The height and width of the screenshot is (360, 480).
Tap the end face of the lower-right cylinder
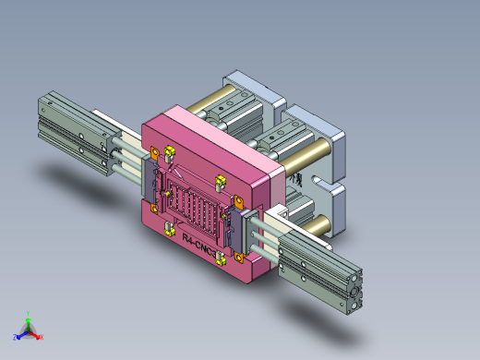pyautogui.click(x=355, y=294)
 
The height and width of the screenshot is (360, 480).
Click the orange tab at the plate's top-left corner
pyautogui.click(x=155, y=153)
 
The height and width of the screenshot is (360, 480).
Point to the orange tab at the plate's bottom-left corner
pyautogui.click(x=152, y=209)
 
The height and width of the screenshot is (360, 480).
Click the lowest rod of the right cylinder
pyautogui.click(x=262, y=246)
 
